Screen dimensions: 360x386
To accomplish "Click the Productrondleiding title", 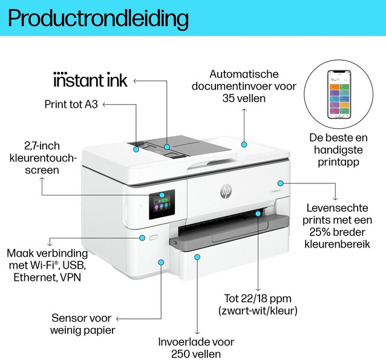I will [x=99, y=18].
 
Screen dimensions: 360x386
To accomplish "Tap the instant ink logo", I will [x=91, y=80].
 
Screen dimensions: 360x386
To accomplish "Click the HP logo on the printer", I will [x=226, y=192].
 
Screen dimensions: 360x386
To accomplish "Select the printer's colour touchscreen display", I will [x=162, y=205].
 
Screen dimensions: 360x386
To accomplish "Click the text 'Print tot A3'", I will [x=71, y=105].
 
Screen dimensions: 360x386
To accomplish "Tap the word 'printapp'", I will [x=338, y=162].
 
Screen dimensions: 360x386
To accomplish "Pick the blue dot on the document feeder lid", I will [x=243, y=144].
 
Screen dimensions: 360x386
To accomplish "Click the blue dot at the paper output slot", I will [x=258, y=213].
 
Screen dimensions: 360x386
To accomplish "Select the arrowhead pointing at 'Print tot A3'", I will [x=104, y=105].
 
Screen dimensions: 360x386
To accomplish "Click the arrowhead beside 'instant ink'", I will [x=135, y=80].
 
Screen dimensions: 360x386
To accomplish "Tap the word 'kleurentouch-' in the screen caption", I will [x=42, y=158].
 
